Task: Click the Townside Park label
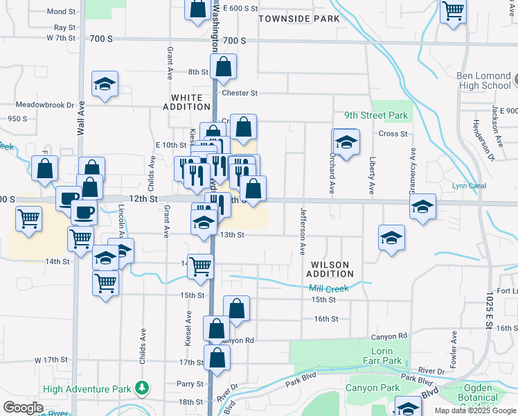click(x=299, y=19)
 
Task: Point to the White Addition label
click(x=186, y=102)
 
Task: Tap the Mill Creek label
click(x=329, y=288)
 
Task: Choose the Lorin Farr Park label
click(x=382, y=356)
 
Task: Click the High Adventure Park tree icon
click(x=142, y=388)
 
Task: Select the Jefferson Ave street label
click(x=303, y=231)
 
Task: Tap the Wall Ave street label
click(x=81, y=118)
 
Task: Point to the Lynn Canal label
click(x=469, y=186)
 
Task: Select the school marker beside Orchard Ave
click(x=346, y=142)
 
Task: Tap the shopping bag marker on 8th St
click(x=224, y=67)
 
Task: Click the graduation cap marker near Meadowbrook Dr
click(x=105, y=85)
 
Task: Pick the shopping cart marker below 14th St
click(x=106, y=283)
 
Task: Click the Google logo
click(x=24, y=407)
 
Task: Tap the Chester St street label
click(x=240, y=93)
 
